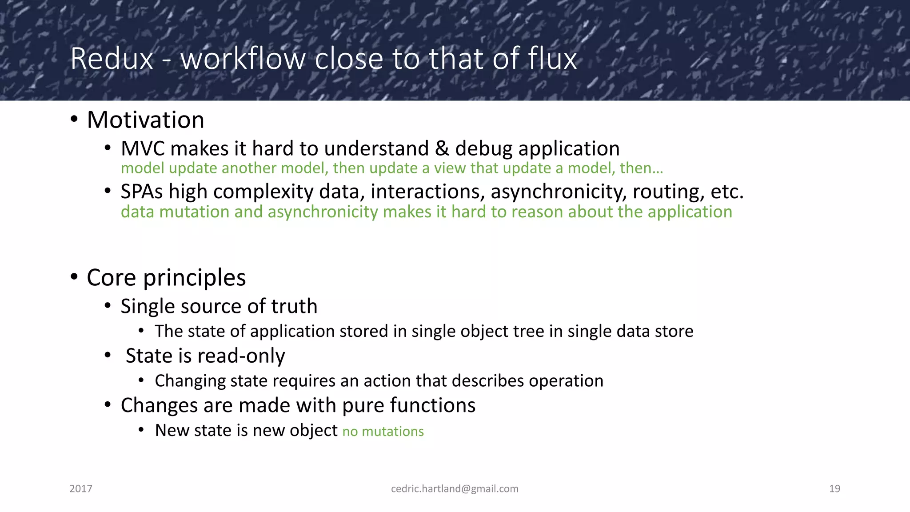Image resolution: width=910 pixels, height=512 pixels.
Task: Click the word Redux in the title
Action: click(x=112, y=59)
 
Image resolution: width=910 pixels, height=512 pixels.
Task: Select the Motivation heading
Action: click(x=145, y=120)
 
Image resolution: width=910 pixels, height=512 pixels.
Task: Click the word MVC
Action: click(x=142, y=148)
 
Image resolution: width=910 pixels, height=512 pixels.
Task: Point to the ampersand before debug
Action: click(x=442, y=148)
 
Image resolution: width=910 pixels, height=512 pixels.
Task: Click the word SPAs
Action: click(x=142, y=192)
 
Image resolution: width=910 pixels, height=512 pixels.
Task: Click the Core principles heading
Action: click(x=166, y=278)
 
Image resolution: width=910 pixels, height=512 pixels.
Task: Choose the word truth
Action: click(x=294, y=306)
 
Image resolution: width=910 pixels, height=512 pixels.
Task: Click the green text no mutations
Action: click(x=383, y=432)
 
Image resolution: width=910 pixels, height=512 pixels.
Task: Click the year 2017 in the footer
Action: click(x=81, y=489)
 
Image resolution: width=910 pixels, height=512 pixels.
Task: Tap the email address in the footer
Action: click(x=455, y=489)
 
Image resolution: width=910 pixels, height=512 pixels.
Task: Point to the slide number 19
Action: click(x=834, y=489)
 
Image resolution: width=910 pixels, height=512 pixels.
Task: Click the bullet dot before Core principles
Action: click(x=74, y=277)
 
